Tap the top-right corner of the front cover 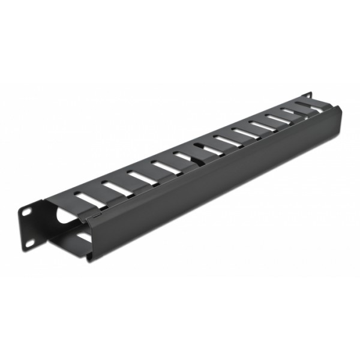tap(340, 109)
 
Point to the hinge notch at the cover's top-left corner tap(89, 212)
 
